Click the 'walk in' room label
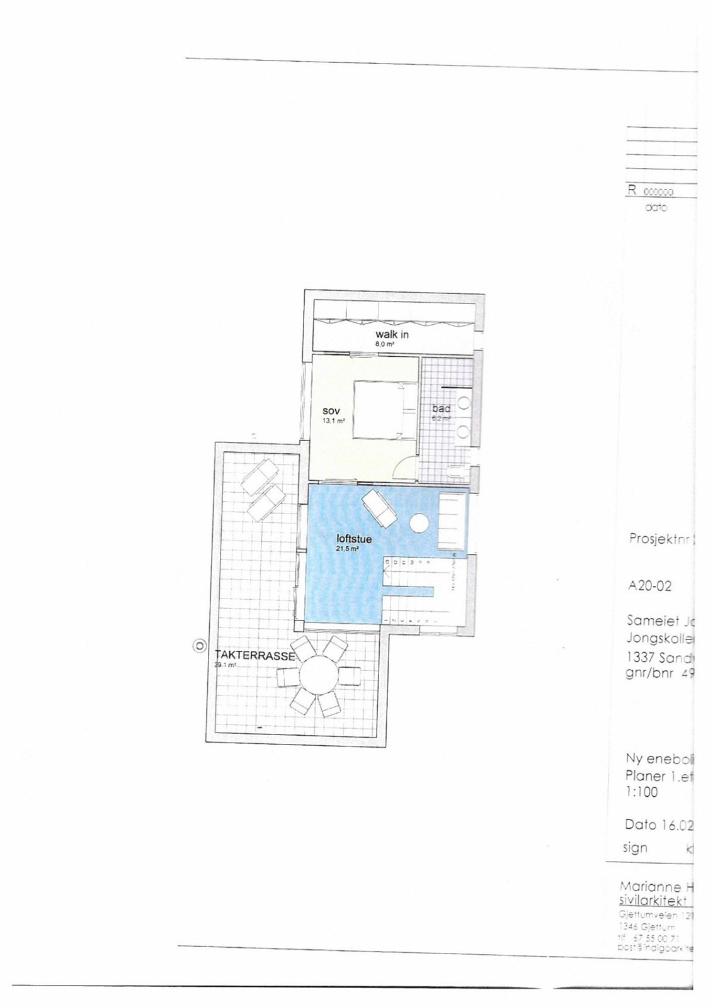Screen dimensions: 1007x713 tap(392, 334)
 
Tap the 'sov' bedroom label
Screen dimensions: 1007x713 tap(331, 411)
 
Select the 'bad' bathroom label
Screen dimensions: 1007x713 tap(441, 409)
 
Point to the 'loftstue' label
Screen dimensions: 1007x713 tap(354, 539)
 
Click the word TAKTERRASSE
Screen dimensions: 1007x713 tap(255, 656)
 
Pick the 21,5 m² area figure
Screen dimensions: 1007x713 tap(348, 549)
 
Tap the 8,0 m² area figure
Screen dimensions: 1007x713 tap(385, 344)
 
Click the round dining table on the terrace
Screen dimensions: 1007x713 tap(319, 677)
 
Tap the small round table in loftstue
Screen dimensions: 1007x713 tap(418, 522)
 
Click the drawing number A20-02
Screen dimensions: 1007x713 tap(650, 587)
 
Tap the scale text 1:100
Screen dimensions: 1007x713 tap(642, 792)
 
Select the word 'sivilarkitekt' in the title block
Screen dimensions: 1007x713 tap(651, 901)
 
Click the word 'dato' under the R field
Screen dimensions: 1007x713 tap(656, 207)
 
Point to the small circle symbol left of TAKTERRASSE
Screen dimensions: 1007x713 tap(200, 645)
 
